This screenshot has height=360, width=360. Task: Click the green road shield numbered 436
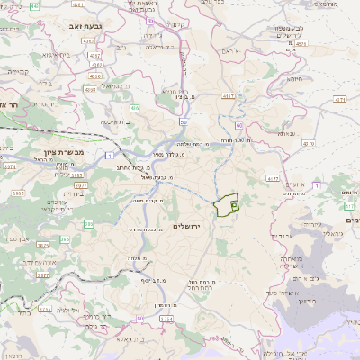(x=134, y=108)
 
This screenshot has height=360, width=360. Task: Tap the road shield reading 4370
(x=309, y=143)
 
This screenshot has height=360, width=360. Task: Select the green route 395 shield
(x=88, y=223)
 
